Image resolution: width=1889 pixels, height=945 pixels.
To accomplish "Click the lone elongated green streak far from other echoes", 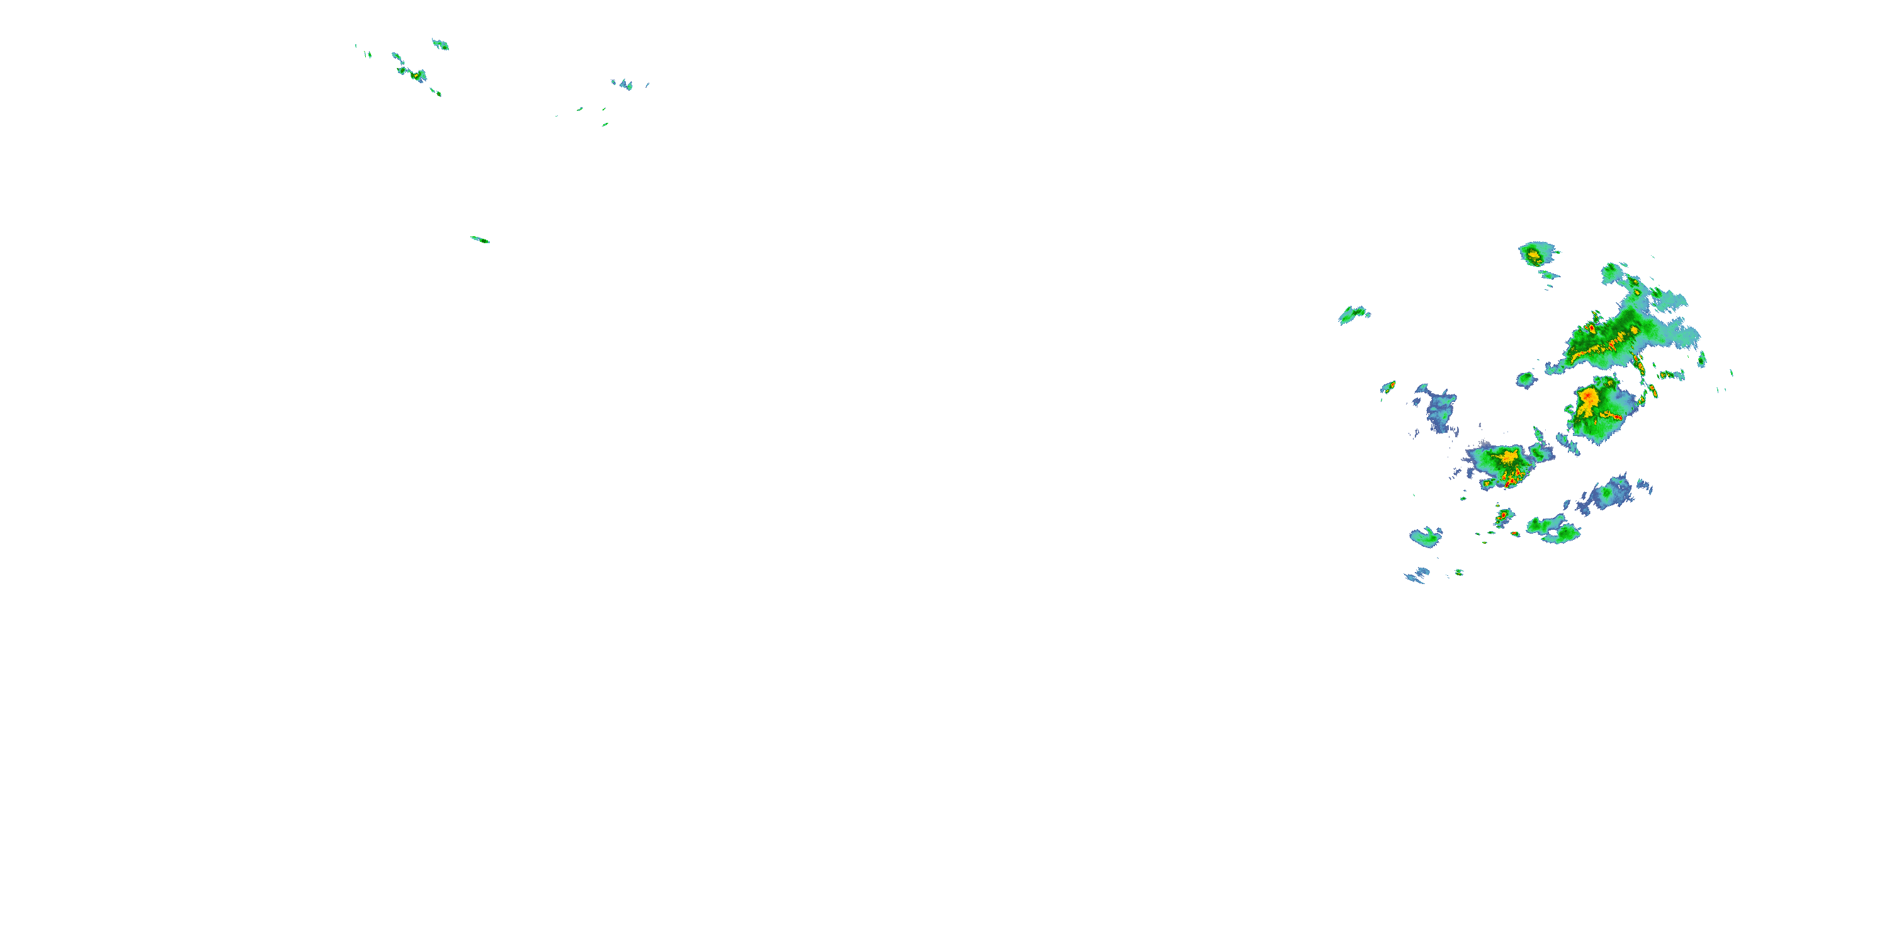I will tap(480, 239).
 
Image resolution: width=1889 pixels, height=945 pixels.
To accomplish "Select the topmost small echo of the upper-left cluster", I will tap(440, 44).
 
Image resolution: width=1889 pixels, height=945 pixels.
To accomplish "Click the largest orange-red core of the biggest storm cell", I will tap(1587, 398).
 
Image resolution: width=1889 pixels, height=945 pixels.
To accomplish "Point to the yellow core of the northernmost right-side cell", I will tap(1533, 255).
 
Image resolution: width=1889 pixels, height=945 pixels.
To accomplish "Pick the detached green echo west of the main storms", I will tap(1353, 315).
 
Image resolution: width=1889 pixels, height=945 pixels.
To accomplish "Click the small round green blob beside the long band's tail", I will tap(1526, 379).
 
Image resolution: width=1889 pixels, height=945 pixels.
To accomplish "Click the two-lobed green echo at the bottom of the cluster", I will tap(1553, 529).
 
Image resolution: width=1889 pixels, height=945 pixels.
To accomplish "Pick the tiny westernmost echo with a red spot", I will tap(1388, 386).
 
